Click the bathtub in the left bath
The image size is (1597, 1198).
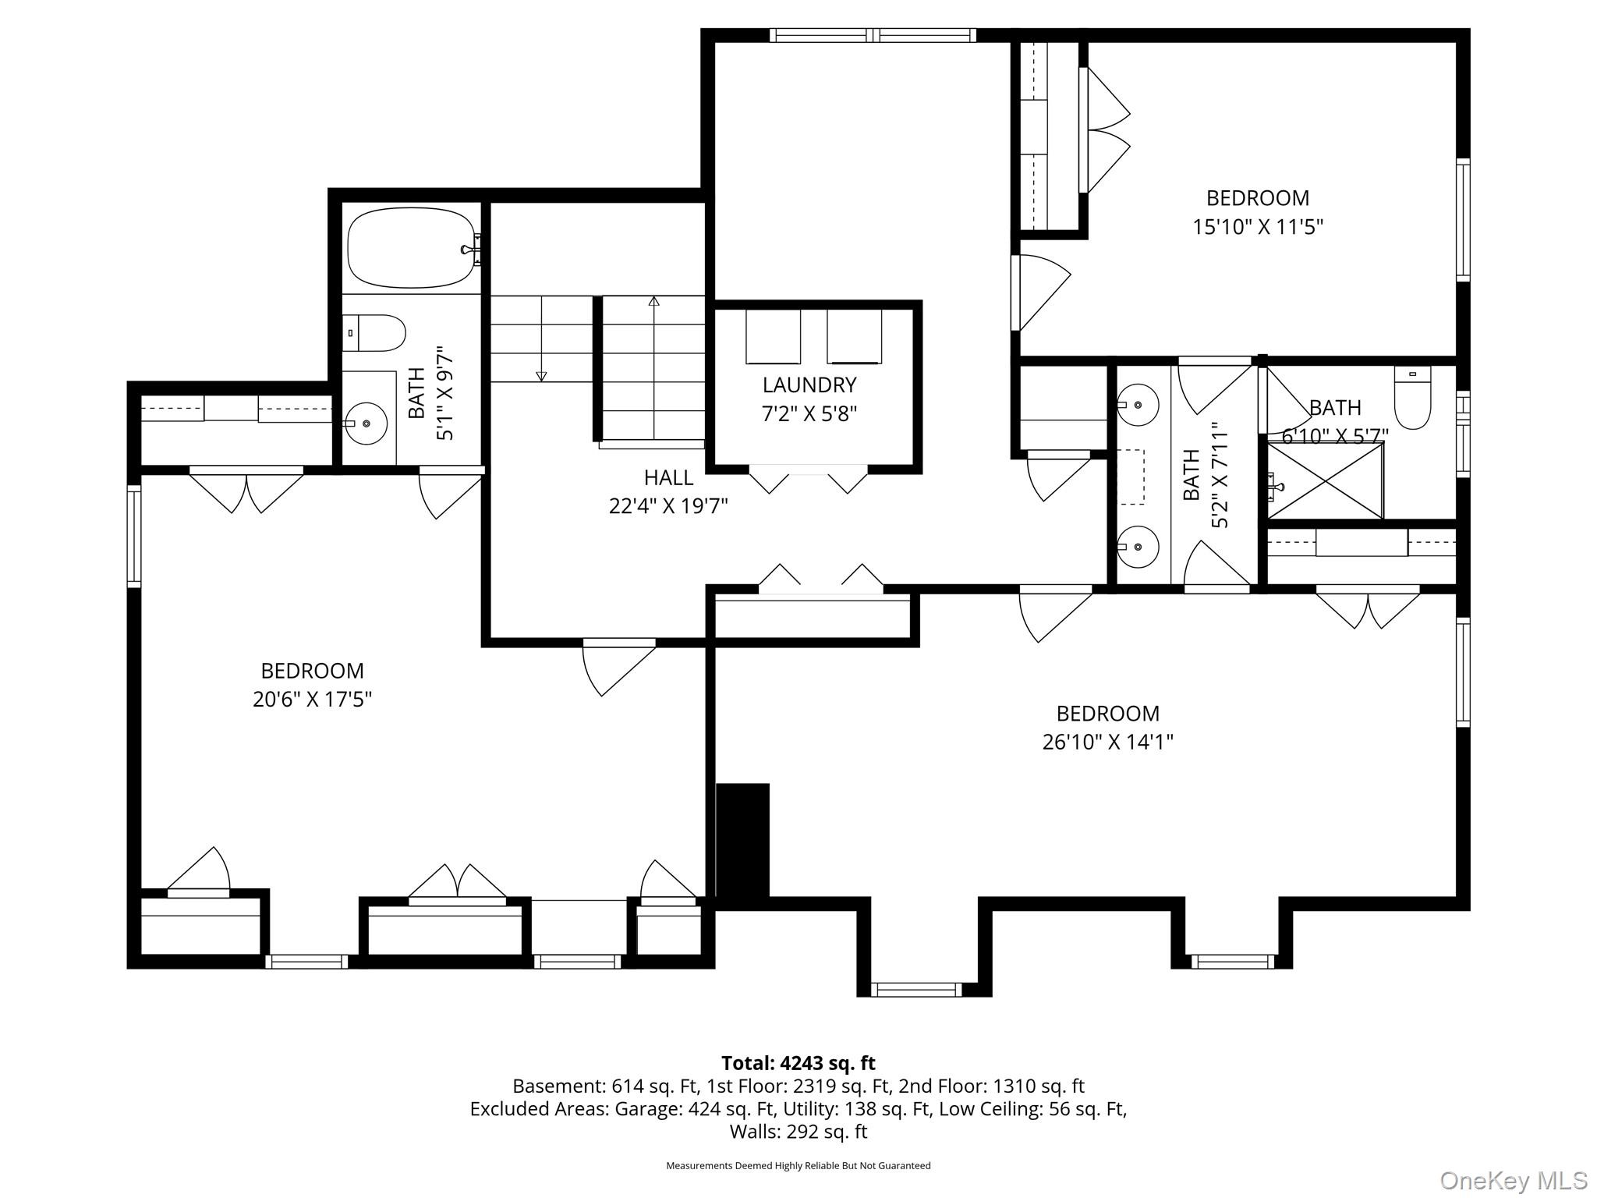[x=410, y=248]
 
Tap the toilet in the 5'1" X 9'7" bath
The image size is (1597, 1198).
[x=376, y=334]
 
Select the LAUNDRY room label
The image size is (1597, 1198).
[x=809, y=385]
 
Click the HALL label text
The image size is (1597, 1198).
[x=668, y=477]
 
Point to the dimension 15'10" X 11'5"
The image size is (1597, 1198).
[x=1257, y=227]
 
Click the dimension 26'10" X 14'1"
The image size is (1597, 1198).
[x=1107, y=742]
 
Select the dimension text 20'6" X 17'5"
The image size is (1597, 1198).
[x=312, y=699]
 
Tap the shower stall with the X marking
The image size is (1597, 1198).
[x=1325, y=480]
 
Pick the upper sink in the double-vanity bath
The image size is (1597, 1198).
[x=1137, y=405]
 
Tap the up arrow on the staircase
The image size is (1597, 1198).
[x=653, y=301]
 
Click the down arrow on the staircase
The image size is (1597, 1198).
[x=541, y=376]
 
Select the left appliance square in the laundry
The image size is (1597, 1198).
[x=773, y=337]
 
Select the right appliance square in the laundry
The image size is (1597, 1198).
[x=854, y=337]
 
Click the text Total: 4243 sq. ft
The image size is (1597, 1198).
[x=798, y=1063]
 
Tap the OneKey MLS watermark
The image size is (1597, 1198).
[x=1513, y=1181]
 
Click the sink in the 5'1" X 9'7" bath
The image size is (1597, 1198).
[x=366, y=424]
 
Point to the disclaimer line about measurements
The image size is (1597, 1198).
[x=798, y=1165]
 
